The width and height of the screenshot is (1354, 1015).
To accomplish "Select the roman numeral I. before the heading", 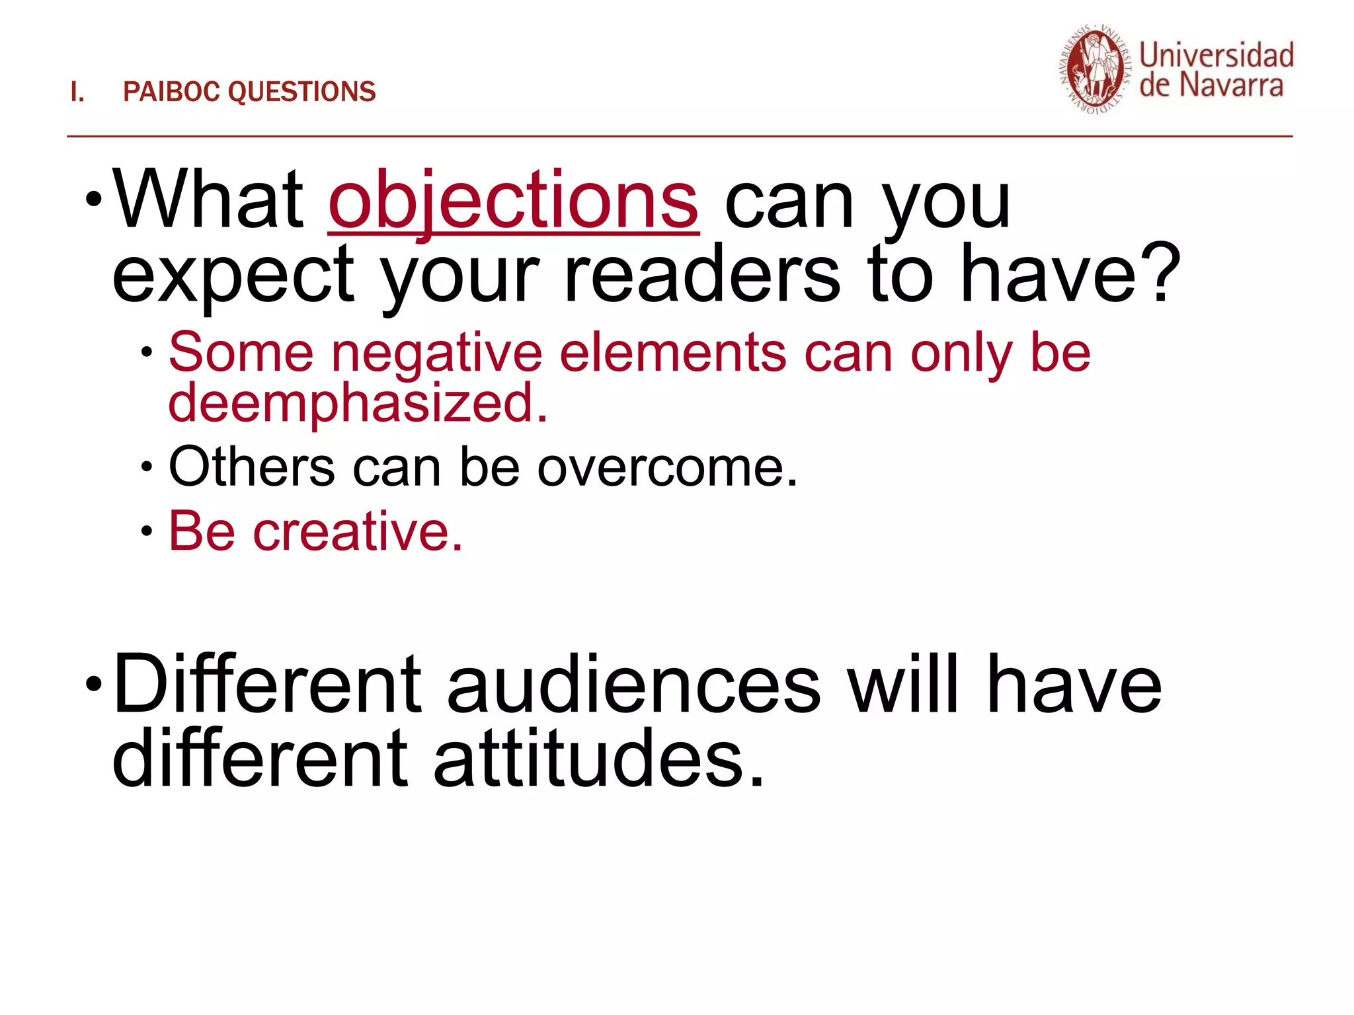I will click(x=77, y=93).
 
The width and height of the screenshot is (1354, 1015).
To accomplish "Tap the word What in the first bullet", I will click(x=207, y=200).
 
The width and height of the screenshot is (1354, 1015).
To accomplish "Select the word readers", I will click(x=702, y=274).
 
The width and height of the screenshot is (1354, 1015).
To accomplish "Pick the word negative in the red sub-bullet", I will click(x=436, y=353).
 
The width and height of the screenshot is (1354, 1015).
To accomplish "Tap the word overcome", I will click(x=667, y=467).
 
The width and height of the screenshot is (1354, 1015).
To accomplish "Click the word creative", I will click(x=358, y=531).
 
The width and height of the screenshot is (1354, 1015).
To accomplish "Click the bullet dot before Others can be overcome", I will click(x=147, y=467).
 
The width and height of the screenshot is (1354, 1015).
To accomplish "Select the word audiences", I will click(x=633, y=685).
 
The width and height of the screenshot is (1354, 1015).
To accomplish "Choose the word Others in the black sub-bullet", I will click(x=251, y=467).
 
